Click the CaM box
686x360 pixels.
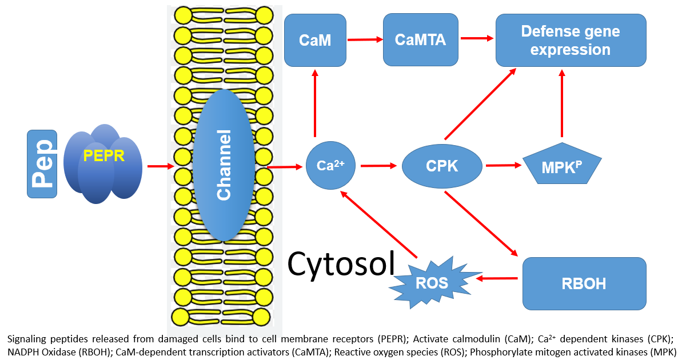[x=316, y=40]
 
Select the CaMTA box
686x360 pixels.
[x=420, y=40]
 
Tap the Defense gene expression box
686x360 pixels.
[x=571, y=40]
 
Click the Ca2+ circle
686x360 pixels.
[x=331, y=166]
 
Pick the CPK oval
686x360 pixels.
[x=442, y=166]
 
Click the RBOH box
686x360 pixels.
[x=584, y=283]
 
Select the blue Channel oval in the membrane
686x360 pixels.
[x=224, y=166]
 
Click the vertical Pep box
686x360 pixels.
[x=42, y=164]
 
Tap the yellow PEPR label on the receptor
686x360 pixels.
[x=103, y=155]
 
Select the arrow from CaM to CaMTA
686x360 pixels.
[x=365, y=39]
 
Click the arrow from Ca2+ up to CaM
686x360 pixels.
[x=314, y=103]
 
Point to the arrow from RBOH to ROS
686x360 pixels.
[x=497, y=279]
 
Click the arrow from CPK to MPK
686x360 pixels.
[x=503, y=166]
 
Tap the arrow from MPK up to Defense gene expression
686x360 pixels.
[x=563, y=106]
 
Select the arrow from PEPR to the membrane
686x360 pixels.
[x=160, y=166]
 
